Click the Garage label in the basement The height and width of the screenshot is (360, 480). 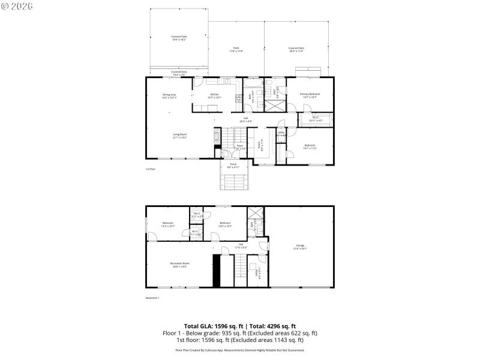[x=300, y=247]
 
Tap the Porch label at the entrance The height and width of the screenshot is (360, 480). [x=233, y=165]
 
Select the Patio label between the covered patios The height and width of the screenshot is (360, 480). [x=236, y=50]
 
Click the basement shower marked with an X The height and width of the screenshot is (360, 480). [x=256, y=214]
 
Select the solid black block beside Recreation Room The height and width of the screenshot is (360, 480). [x=217, y=271]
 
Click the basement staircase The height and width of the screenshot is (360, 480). [x=240, y=267]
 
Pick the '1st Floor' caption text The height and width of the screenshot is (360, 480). [x=151, y=169]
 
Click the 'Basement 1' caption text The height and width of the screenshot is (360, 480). [x=152, y=297]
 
